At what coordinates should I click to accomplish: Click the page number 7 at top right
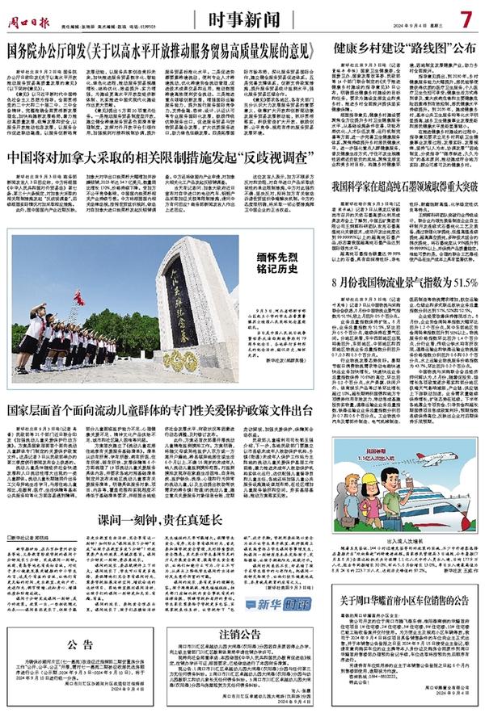[466, 18]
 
